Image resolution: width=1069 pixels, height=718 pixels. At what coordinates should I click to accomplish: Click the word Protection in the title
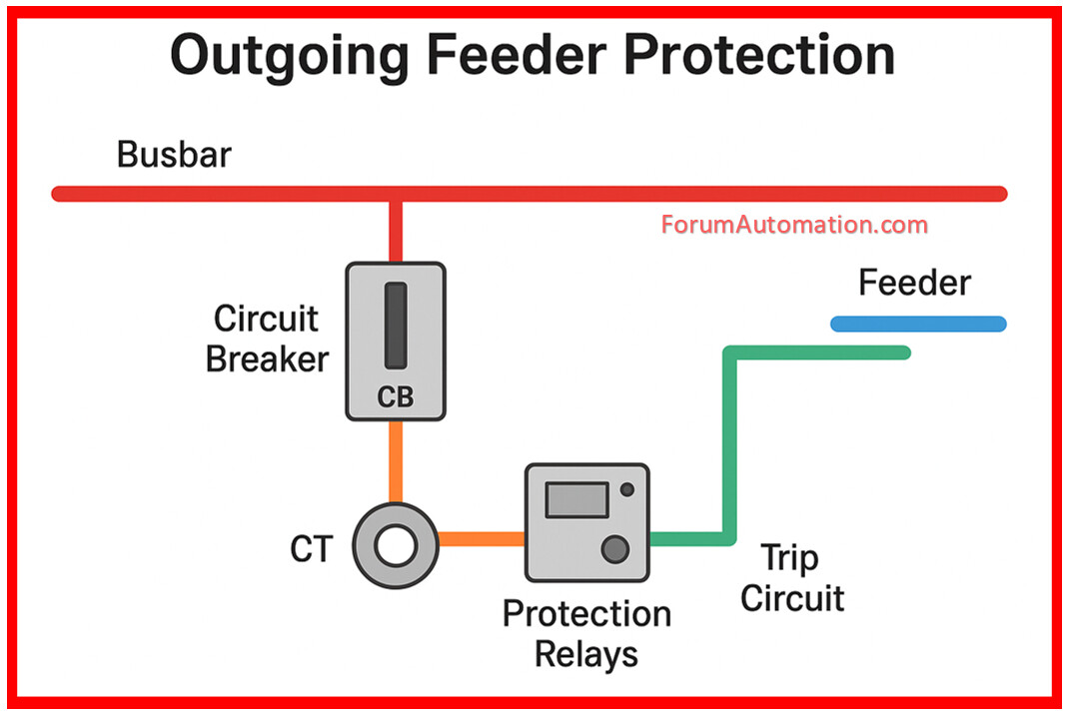(x=759, y=55)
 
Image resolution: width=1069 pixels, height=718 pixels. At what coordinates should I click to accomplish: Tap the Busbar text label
(x=174, y=155)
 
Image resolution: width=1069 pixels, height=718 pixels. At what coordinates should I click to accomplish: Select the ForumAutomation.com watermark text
(x=794, y=225)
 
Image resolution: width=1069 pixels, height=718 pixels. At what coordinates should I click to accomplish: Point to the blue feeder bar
(x=918, y=324)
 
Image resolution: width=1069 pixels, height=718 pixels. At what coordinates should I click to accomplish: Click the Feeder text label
(x=914, y=283)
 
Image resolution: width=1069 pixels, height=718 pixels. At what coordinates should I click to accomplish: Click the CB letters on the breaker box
(x=396, y=397)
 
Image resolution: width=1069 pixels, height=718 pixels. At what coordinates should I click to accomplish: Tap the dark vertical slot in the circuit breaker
(x=396, y=326)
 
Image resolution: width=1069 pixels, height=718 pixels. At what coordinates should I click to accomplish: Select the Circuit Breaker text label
(x=268, y=340)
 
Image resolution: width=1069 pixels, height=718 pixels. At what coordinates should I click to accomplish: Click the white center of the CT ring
(x=396, y=546)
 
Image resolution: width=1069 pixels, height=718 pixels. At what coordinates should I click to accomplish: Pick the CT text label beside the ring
(x=312, y=549)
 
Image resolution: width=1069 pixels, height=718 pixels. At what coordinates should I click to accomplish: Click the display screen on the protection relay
(x=576, y=500)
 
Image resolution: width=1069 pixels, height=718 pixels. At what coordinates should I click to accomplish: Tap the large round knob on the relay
(x=615, y=549)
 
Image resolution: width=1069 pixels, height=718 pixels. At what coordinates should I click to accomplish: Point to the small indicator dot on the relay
(x=627, y=489)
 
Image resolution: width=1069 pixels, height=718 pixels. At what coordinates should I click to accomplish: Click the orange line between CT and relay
(x=482, y=539)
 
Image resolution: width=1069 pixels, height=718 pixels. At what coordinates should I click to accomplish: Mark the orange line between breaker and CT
(x=396, y=462)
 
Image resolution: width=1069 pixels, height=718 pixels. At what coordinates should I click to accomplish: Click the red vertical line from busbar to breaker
(x=396, y=232)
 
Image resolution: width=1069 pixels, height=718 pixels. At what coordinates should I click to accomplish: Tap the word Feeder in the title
(x=517, y=55)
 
